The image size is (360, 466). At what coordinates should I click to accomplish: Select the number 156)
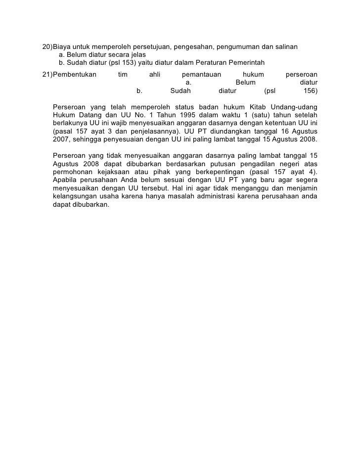310,91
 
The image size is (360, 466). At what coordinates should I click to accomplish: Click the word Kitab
260,107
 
